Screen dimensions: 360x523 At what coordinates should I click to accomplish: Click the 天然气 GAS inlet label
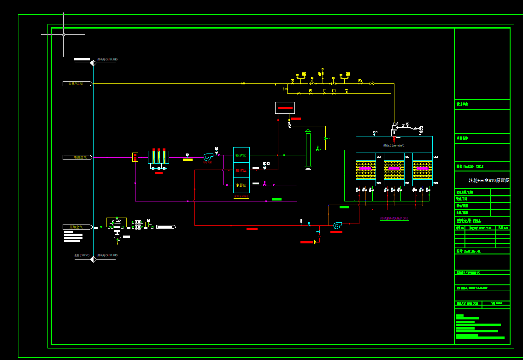(76, 83)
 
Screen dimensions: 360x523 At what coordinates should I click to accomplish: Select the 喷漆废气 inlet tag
(76, 158)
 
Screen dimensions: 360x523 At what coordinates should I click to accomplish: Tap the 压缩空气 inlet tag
(76, 227)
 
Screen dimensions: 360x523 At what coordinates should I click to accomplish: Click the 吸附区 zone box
(241, 156)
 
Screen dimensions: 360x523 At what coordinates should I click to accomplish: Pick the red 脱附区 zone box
(241, 171)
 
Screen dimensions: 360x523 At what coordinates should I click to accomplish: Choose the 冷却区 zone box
(241, 185)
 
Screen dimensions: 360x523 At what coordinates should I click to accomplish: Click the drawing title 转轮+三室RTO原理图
(489, 180)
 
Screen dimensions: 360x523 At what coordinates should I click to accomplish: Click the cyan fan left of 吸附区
(207, 157)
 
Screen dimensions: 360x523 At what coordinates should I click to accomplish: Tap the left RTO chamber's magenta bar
(365, 168)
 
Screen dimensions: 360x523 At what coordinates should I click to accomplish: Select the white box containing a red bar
(285, 108)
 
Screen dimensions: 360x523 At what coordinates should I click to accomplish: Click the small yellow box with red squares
(135, 157)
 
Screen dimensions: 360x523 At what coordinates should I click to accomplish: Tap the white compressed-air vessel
(117, 230)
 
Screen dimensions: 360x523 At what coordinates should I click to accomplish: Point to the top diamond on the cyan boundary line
(93, 63)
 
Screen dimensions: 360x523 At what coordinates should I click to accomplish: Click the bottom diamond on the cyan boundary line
(93, 259)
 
